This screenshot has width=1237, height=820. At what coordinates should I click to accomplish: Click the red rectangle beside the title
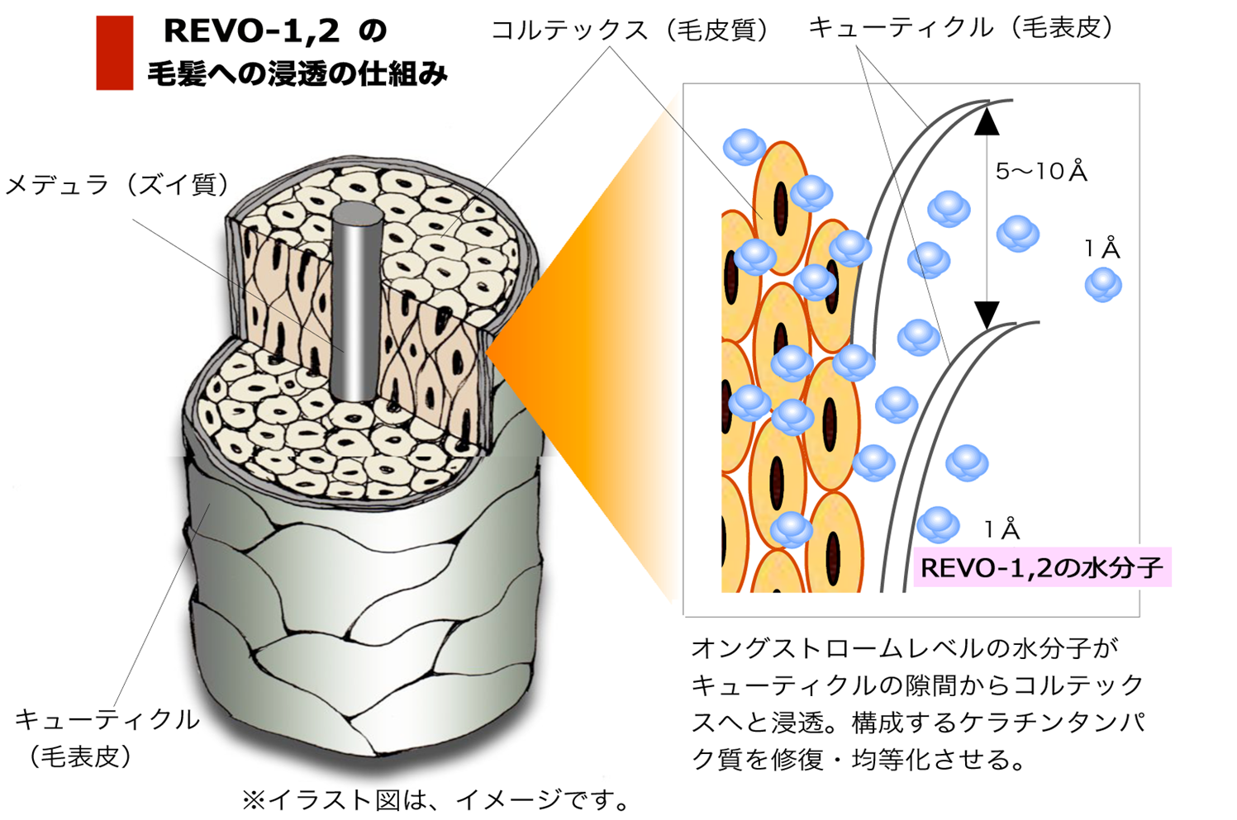tap(114, 52)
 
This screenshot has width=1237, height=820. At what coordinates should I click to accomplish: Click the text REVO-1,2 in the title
tap(252, 31)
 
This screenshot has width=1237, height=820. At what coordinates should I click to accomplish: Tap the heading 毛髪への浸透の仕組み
tap(297, 74)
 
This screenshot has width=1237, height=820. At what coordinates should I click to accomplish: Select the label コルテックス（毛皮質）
tap(630, 30)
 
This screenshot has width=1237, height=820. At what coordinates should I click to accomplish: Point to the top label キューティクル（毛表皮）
tap(962, 27)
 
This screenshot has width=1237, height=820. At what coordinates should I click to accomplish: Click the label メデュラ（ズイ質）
tap(117, 184)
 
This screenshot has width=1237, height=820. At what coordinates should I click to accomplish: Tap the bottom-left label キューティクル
tap(107, 719)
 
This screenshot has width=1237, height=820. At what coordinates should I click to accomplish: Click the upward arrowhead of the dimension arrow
tap(987, 121)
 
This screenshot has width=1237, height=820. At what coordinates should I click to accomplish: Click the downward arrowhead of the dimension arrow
tap(987, 315)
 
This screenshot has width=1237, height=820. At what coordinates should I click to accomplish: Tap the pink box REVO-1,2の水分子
tap(1042, 566)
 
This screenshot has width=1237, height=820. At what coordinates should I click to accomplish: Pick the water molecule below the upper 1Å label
tap(1103, 284)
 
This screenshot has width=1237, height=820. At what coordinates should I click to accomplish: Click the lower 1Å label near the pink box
tap(1001, 529)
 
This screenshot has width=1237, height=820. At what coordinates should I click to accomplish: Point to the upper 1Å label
tap(1102, 249)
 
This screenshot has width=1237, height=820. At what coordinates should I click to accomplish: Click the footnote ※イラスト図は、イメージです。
tap(436, 799)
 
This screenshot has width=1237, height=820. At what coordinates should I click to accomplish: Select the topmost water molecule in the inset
tap(745, 147)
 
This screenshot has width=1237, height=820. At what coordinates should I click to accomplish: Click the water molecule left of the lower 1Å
tap(938, 524)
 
